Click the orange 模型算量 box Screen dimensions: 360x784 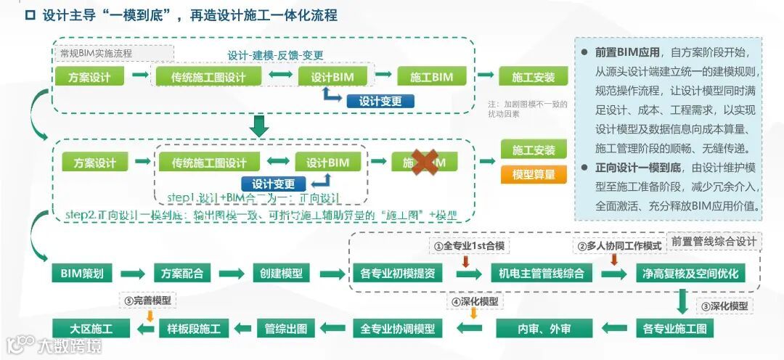pos(534,174)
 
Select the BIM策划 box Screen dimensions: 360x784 pos(82,274)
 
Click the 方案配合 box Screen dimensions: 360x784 pos(182,274)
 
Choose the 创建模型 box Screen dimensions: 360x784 pos(281,274)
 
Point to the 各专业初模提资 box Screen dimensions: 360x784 pos(397,274)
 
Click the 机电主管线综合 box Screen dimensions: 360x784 pos(541,274)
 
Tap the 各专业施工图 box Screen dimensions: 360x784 pos(674,328)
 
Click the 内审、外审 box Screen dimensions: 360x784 pos(544,328)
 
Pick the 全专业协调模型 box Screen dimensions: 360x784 pos(397,328)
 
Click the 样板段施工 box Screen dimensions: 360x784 pos(194,328)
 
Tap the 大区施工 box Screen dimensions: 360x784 pos(91,328)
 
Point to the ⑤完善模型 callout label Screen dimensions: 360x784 pos(149,300)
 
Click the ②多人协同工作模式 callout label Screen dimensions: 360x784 pos(619,246)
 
